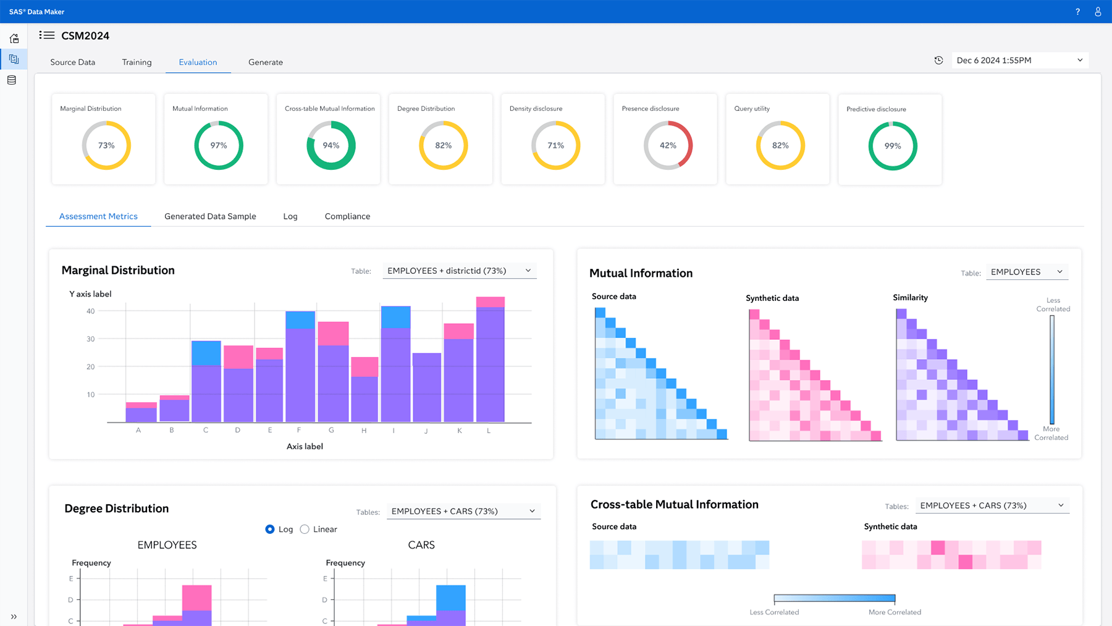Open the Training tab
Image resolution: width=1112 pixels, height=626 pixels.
point(137,62)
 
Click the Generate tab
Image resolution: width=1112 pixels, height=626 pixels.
point(266,62)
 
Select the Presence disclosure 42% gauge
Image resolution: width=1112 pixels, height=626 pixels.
point(668,145)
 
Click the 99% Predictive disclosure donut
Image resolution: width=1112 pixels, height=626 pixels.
point(893,146)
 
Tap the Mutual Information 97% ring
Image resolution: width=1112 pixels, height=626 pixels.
point(218,145)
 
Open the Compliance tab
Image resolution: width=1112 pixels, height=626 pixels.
point(347,216)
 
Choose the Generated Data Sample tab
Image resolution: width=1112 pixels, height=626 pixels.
point(210,216)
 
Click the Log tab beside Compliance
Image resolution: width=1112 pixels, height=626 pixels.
point(290,216)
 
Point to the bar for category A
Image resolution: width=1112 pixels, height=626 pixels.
point(141,413)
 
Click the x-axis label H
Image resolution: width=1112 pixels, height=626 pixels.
point(364,431)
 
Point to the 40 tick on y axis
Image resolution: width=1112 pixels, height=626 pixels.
point(91,311)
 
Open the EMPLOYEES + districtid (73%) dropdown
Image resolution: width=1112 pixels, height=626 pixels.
point(459,271)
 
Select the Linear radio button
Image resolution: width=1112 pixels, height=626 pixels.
point(305,529)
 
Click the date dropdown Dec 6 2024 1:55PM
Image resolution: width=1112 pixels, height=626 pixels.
point(1019,60)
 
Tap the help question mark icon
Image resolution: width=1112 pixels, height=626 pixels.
point(1077,12)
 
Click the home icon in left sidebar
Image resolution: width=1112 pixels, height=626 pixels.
point(14,38)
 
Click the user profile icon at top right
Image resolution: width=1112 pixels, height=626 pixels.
point(1098,12)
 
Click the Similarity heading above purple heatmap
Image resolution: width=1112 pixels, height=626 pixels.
point(910,297)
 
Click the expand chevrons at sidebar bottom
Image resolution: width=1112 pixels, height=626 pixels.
point(14,616)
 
